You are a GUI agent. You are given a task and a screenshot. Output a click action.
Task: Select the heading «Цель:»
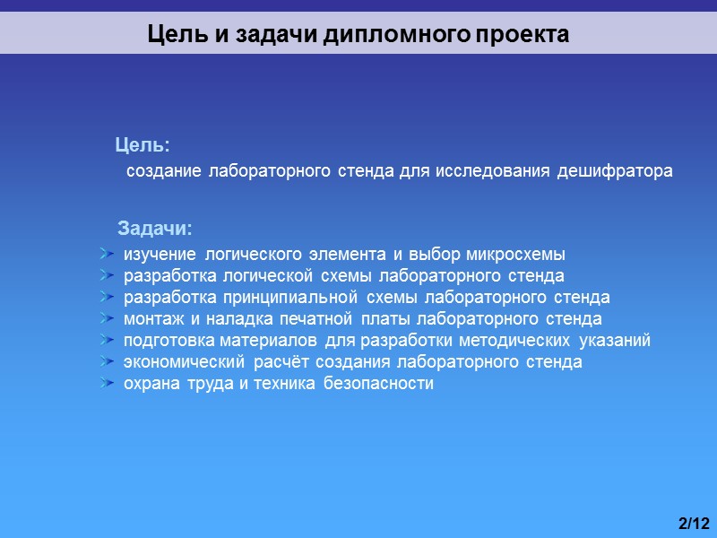[x=143, y=144]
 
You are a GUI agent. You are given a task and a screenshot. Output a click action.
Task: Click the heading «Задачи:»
[x=155, y=226]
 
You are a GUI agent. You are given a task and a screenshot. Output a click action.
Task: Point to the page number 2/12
[x=694, y=523]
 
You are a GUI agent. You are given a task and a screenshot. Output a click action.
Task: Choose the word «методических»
[x=514, y=341]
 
